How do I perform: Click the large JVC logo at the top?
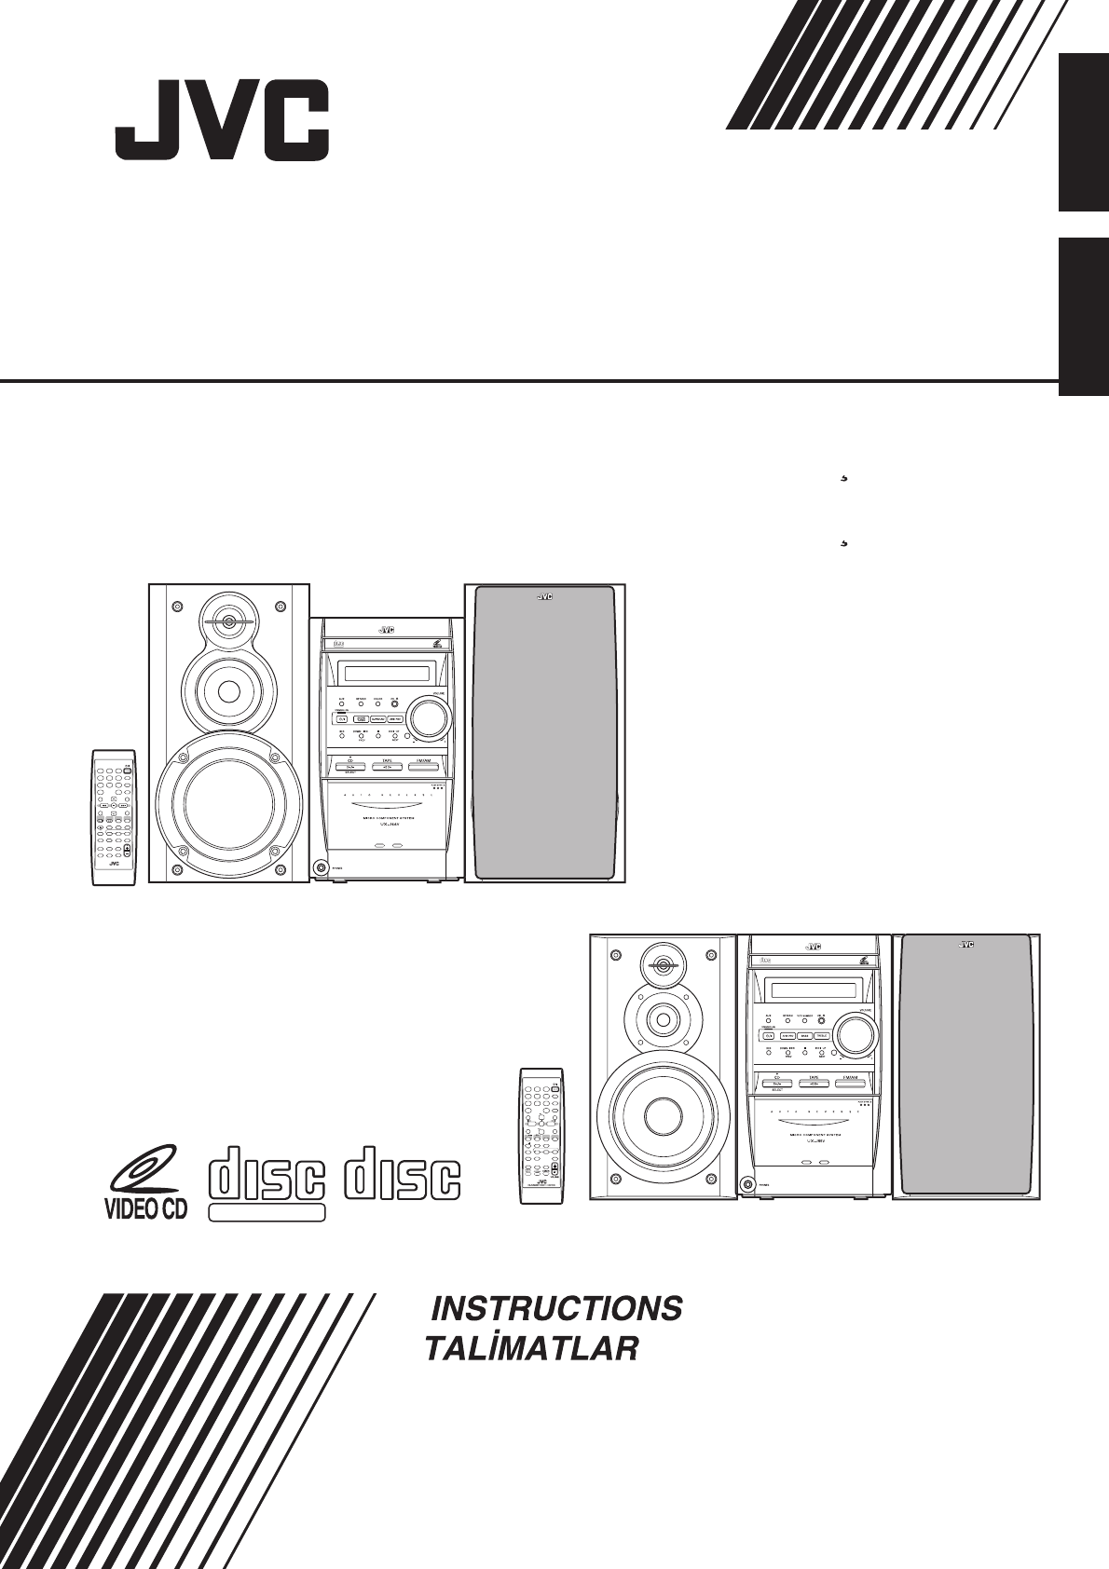point(222,122)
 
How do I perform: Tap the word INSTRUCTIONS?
point(556,1309)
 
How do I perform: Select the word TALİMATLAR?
point(532,1349)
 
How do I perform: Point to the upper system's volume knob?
point(428,716)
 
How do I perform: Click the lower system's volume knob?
point(856,1033)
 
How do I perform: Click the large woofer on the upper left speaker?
point(229,805)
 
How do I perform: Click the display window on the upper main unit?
point(387,673)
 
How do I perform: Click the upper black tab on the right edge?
point(1083,132)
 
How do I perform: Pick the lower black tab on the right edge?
point(1083,317)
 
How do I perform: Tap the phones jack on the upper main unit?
point(322,867)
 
